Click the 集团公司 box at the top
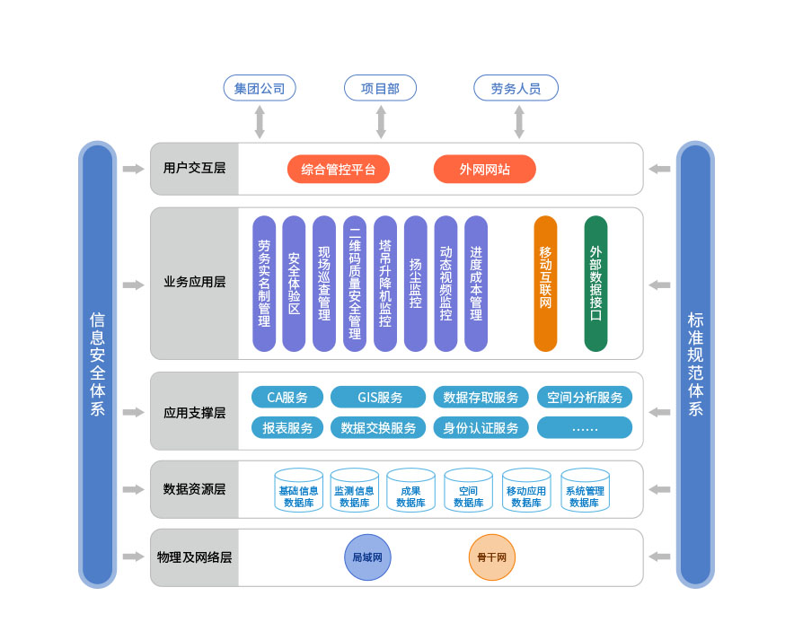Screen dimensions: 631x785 point(260,88)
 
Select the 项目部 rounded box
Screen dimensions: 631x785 point(380,88)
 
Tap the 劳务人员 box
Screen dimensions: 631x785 point(516,88)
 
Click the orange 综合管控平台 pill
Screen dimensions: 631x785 point(338,169)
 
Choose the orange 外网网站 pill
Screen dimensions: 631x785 point(484,169)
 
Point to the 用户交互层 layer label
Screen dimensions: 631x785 point(194,169)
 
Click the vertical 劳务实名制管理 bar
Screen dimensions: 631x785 point(264,283)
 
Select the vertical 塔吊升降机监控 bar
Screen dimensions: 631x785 point(385,283)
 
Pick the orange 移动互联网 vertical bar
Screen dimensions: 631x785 point(545,283)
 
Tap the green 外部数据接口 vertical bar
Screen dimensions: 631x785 point(595,283)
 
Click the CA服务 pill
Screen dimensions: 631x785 point(287,398)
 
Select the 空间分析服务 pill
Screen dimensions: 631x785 point(585,398)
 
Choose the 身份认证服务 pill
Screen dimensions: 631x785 point(481,428)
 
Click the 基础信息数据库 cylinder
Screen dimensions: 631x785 point(298,490)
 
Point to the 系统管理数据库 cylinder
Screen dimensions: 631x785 point(585,490)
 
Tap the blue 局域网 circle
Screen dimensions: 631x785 point(367,557)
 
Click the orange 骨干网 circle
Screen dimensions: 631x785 point(492,557)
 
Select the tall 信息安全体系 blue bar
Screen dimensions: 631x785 point(98,364)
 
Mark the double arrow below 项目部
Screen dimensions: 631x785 point(381,121)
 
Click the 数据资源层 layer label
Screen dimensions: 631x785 point(194,489)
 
